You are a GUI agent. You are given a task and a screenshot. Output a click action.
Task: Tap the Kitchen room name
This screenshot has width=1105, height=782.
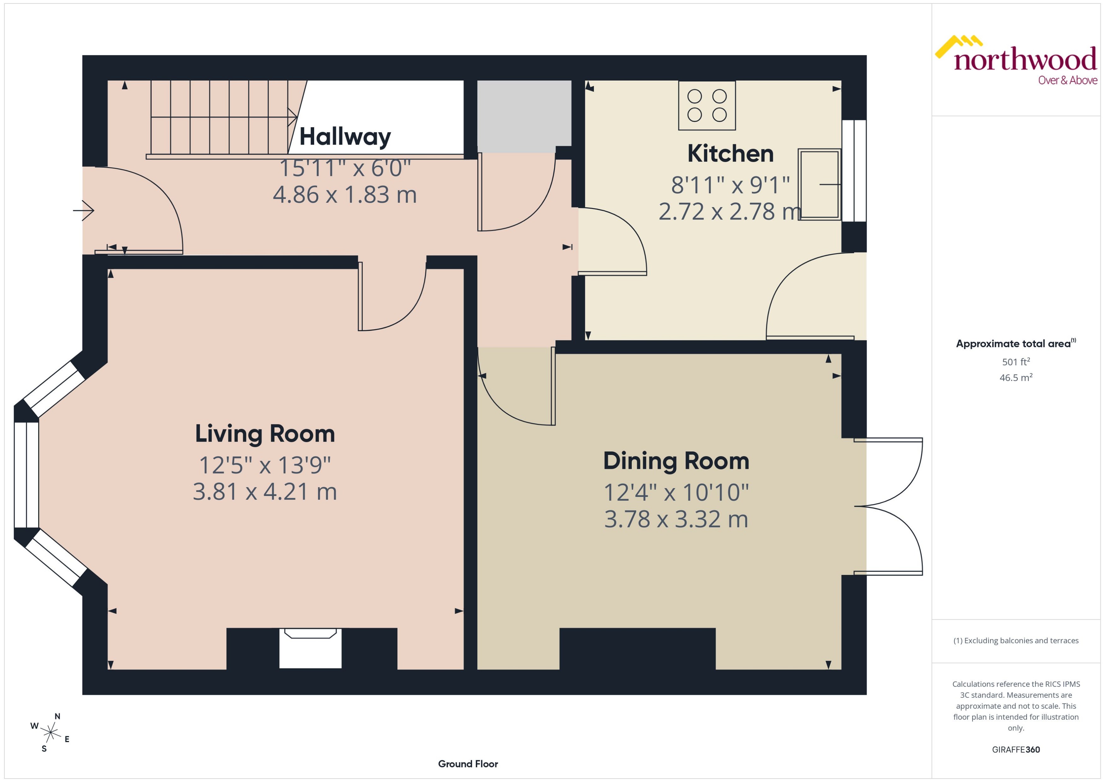point(730,154)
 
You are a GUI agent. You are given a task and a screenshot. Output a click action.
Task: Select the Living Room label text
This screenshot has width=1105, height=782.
point(265,433)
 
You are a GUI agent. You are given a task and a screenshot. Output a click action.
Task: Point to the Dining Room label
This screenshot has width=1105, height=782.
point(676,461)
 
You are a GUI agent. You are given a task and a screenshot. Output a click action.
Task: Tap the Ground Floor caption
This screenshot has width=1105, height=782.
point(468,764)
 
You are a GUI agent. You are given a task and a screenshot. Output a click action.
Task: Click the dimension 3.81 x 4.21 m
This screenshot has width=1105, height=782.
point(265,492)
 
